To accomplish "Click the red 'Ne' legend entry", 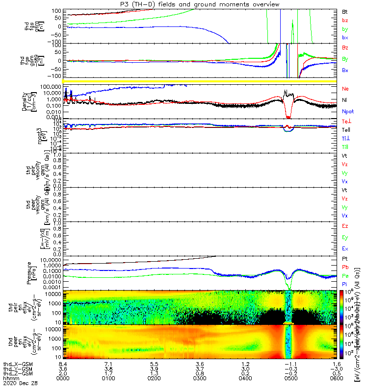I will [345, 89].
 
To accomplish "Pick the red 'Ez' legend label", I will [344, 226].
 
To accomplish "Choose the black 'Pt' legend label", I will [344, 258].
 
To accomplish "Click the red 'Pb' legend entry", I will [344, 268].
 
